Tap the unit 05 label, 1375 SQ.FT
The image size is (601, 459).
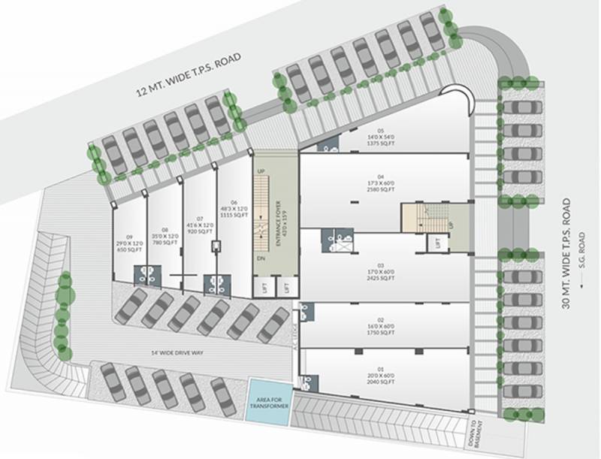[385, 137]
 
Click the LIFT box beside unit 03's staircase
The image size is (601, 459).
[434, 243]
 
